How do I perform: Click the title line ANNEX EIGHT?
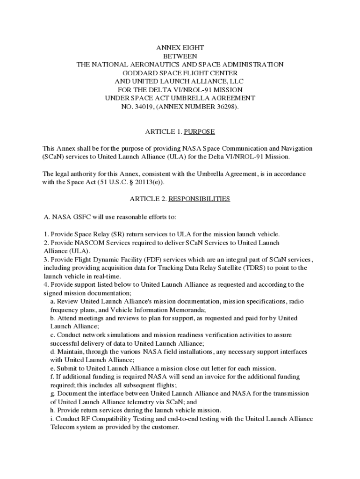point(180,48)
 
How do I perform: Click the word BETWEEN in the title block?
point(180,56)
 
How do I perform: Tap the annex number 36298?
point(222,107)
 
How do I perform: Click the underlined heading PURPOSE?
point(199,132)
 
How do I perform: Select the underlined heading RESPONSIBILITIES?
point(199,199)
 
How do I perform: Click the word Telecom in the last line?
point(62,427)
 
